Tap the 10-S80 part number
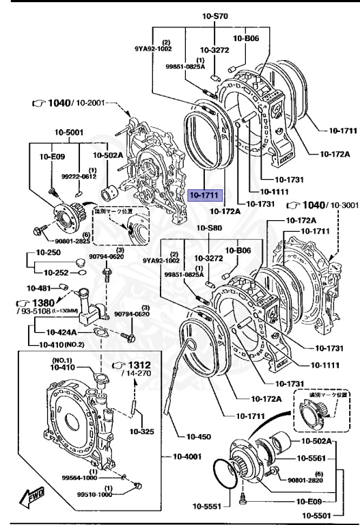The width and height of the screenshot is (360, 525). (x=210, y=228)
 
